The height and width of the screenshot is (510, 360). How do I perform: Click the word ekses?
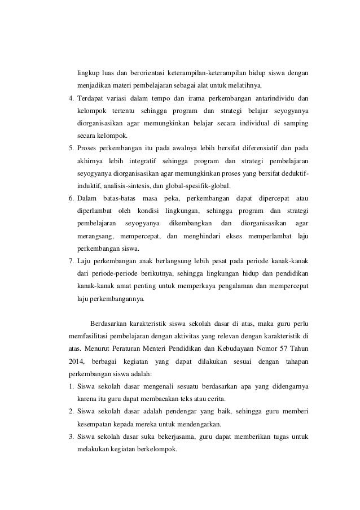229,236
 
